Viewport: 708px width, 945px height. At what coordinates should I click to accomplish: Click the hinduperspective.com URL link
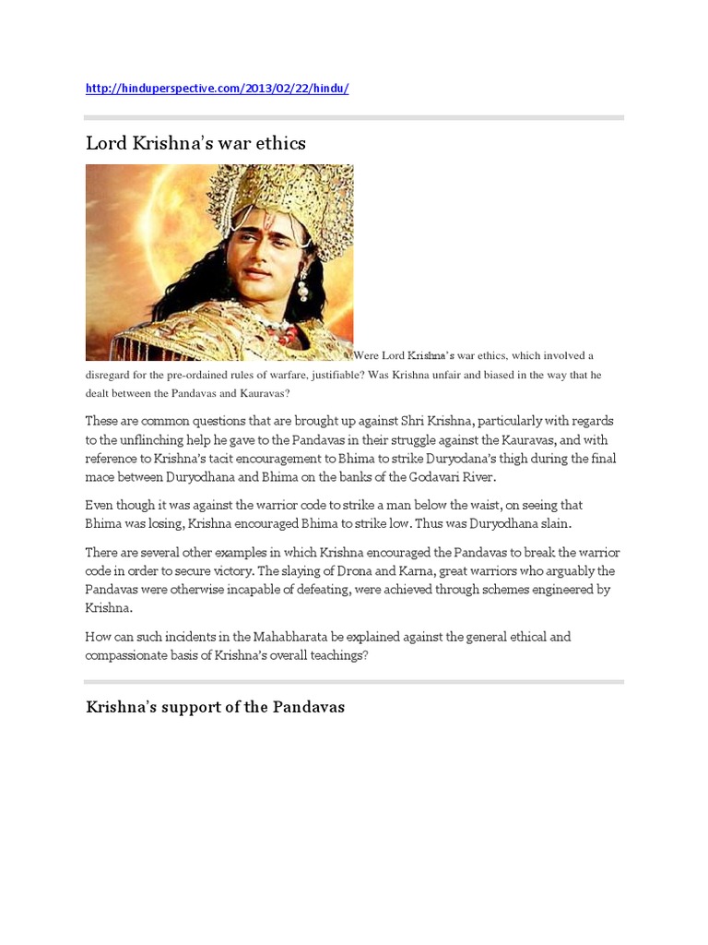pos(217,89)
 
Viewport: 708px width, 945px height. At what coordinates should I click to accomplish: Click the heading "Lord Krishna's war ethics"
pos(195,143)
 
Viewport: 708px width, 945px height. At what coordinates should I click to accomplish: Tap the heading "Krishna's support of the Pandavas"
pos(215,707)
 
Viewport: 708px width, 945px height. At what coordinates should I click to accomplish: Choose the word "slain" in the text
pos(553,523)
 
